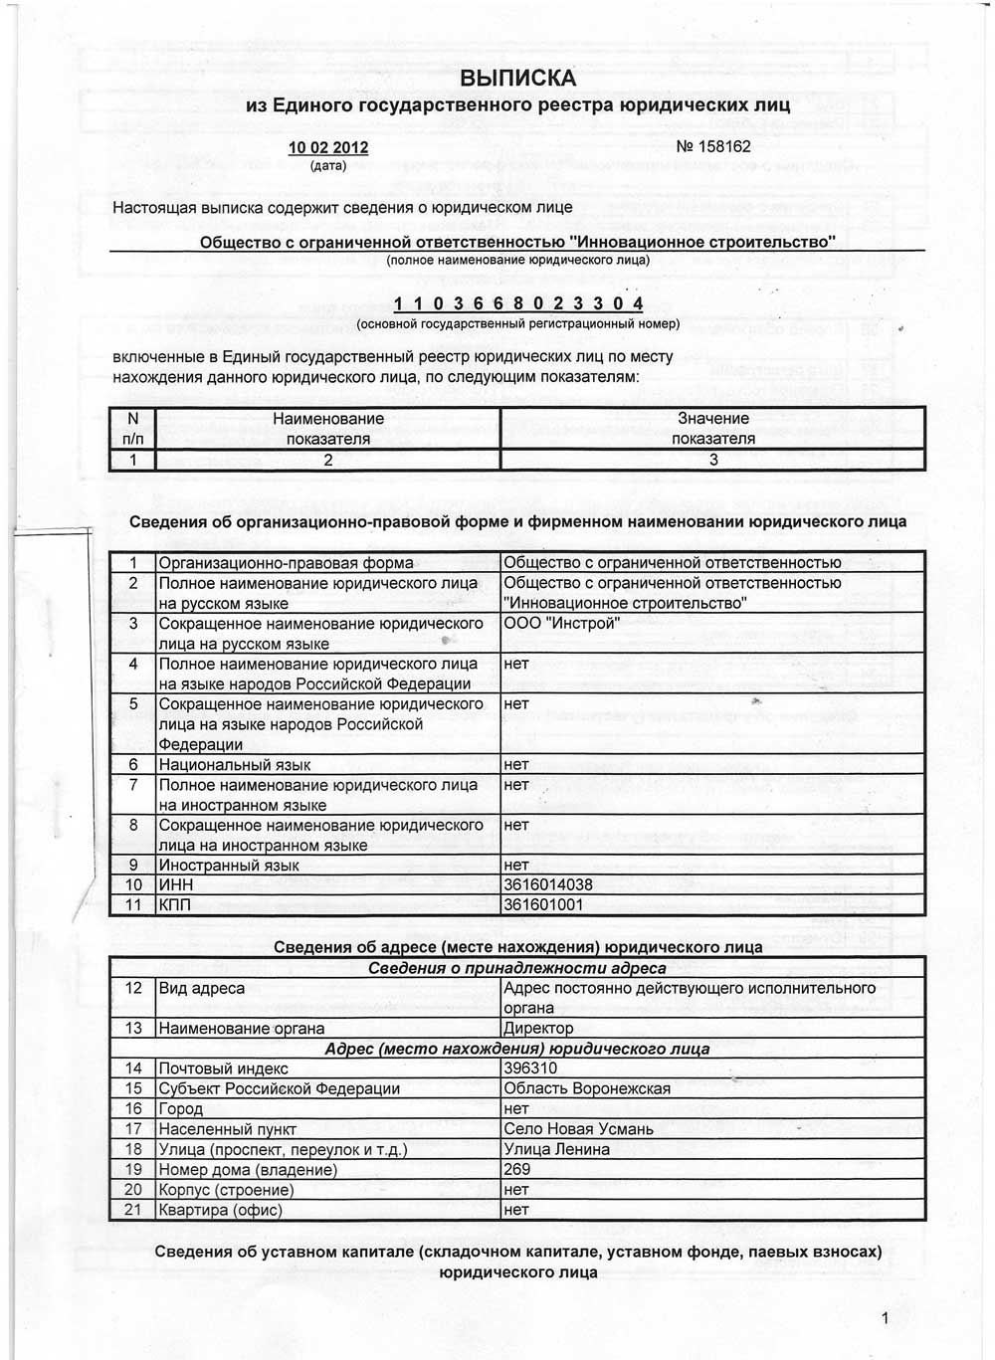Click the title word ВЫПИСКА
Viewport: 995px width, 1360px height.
(517, 79)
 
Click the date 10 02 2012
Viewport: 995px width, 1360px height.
(328, 147)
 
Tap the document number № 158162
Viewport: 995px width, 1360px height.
(713, 146)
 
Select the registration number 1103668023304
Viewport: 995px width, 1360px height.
(518, 303)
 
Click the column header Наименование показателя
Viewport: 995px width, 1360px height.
(328, 429)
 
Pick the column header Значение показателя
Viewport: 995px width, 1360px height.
(712, 429)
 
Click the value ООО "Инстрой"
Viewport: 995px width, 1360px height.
(561, 624)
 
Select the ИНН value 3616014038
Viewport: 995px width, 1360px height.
(548, 884)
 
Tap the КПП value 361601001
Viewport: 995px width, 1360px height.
(543, 904)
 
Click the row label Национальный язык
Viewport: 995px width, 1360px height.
(235, 765)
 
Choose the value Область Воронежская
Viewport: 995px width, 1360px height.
(587, 1088)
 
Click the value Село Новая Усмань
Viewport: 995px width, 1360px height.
(579, 1129)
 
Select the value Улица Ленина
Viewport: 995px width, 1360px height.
(557, 1149)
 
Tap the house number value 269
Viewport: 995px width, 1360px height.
(517, 1169)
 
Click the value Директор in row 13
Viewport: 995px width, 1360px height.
(538, 1028)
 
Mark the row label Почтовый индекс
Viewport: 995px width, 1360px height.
(224, 1069)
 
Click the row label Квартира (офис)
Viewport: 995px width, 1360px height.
(221, 1210)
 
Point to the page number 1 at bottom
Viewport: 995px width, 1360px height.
(885, 1319)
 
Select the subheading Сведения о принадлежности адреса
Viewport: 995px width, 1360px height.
(517, 968)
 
